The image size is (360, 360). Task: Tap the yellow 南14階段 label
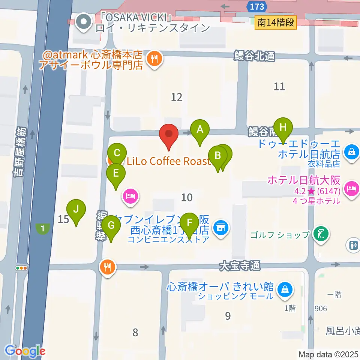point(276,23)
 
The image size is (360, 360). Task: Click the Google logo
point(25,351)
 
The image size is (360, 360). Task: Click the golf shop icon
point(321,235)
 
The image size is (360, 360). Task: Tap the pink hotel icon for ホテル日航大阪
point(351,186)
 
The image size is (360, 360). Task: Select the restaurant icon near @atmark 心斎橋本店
point(154,58)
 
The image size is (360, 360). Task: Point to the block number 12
point(177,97)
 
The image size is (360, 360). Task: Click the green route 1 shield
point(43,228)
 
